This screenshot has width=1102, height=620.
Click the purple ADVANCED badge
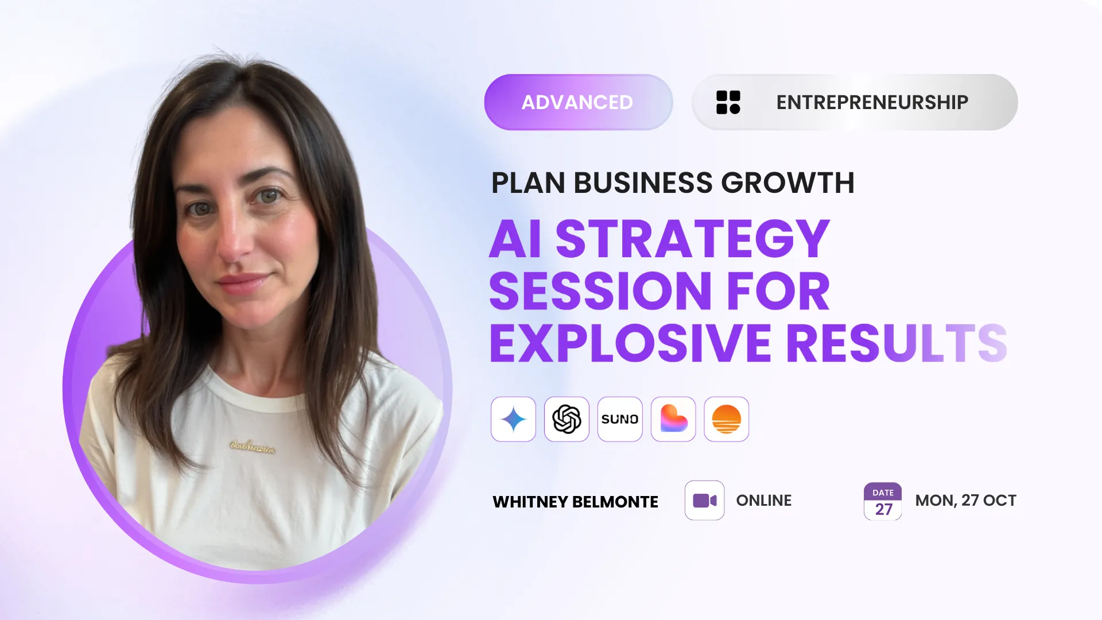pyautogui.click(x=578, y=102)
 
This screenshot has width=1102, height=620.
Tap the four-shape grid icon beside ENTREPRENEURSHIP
pyautogui.click(x=728, y=102)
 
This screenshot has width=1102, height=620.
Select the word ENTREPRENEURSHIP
pyautogui.click(x=872, y=102)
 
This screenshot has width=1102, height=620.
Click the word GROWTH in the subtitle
pyautogui.click(x=787, y=183)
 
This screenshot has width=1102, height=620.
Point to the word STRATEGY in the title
pyautogui.click(x=692, y=239)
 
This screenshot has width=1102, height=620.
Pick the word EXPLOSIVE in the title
pyautogui.click(x=630, y=343)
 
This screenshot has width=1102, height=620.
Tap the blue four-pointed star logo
pyautogui.click(x=513, y=419)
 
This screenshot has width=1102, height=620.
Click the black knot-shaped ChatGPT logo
pyautogui.click(x=566, y=419)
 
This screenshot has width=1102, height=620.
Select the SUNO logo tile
pyautogui.click(x=620, y=419)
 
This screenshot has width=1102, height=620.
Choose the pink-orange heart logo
pyautogui.click(x=673, y=419)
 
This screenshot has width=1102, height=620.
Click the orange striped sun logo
pyautogui.click(x=726, y=419)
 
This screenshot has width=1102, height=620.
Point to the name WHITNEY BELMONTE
pyautogui.click(x=575, y=502)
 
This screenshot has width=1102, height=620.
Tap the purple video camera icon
pyautogui.click(x=704, y=501)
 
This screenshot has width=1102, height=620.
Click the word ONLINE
pyautogui.click(x=763, y=501)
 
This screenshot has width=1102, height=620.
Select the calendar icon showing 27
pyautogui.click(x=883, y=501)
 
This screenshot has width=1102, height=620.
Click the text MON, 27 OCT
pyautogui.click(x=965, y=501)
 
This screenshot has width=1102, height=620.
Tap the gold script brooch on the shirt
pyautogui.click(x=253, y=446)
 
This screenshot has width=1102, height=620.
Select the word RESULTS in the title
pyautogui.click(x=897, y=343)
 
